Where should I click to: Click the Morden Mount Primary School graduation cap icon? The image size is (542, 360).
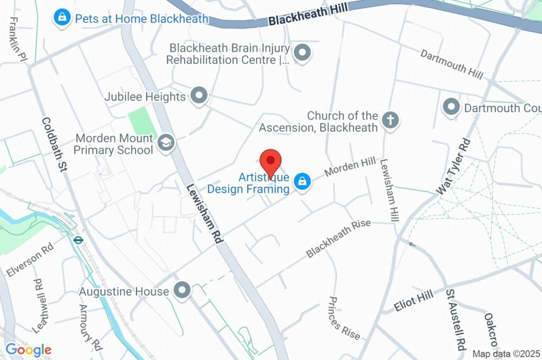click(x=166, y=142)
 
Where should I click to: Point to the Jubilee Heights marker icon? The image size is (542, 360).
click(x=199, y=96)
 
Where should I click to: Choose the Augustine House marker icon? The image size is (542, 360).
click(x=183, y=290)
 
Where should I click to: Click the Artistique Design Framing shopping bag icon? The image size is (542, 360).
click(x=302, y=181)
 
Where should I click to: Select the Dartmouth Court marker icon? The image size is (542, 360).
click(x=451, y=107)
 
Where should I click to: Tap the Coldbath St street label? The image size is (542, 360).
click(x=55, y=145)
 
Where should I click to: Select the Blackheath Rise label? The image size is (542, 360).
click(x=338, y=239)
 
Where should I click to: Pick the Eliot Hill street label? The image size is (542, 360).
click(x=413, y=300)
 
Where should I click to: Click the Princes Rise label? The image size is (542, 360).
click(x=344, y=318)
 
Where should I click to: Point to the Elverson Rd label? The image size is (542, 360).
click(x=30, y=260)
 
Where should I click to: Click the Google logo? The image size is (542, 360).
click(x=29, y=349)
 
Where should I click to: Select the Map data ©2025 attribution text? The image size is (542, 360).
click(x=505, y=354)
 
